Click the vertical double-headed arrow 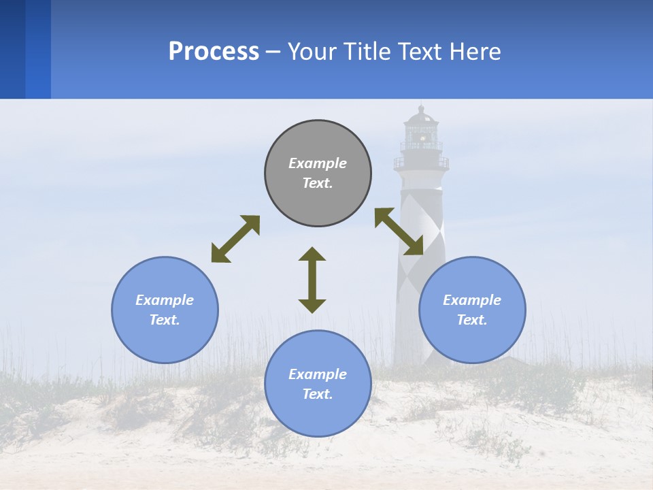click(x=312, y=280)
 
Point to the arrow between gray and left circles click(x=235, y=239)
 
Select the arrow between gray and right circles click(x=399, y=231)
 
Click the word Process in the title click(x=214, y=51)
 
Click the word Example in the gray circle click(x=318, y=163)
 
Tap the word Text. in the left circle click(x=165, y=320)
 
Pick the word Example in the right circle click(x=472, y=300)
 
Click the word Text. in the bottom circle click(x=318, y=394)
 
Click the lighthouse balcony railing click(x=421, y=163)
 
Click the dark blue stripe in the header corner click(x=12, y=49)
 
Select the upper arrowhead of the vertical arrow click(x=312, y=254)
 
